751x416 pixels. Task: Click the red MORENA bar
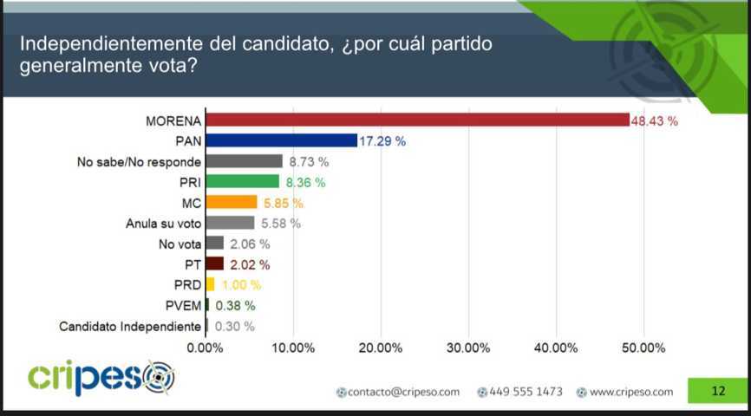point(417,120)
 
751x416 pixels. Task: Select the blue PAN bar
point(281,140)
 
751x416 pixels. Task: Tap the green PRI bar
point(242,182)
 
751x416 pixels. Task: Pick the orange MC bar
point(232,203)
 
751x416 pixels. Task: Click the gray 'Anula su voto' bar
point(230,223)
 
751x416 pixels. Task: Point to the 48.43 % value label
point(654,120)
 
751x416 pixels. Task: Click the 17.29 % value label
point(382,140)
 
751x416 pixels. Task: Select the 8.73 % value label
point(309,161)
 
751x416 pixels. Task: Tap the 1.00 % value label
point(240,285)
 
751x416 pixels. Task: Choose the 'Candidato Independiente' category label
point(130,327)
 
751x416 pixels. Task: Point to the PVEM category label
point(183,306)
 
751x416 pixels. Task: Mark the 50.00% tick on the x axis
point(643,348)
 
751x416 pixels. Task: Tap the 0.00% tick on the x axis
point(206,348)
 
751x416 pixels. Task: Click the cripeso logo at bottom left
point(101,378)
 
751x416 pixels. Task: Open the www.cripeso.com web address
point(630,392)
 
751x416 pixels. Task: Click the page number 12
point(717,391)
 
